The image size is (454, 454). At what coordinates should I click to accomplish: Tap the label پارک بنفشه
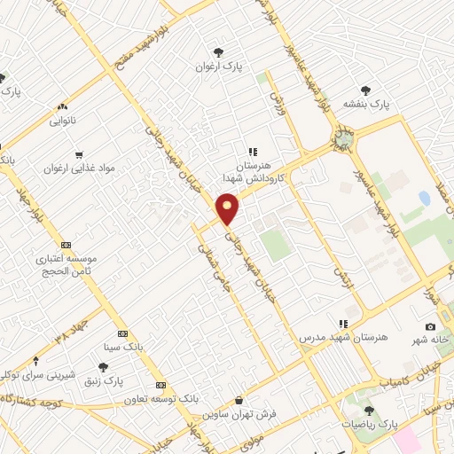click(368, 105)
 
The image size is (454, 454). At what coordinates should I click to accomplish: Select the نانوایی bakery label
click(62, 118)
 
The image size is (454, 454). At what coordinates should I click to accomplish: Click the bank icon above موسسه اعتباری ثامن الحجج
click(65, 245)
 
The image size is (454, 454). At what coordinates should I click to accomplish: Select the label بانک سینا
click(123, 345)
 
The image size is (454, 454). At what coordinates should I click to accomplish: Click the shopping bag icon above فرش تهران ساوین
click(239, 400)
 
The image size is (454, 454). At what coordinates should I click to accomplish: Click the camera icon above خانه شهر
click(431, 327)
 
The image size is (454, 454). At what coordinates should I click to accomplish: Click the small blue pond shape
click(424, 199)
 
